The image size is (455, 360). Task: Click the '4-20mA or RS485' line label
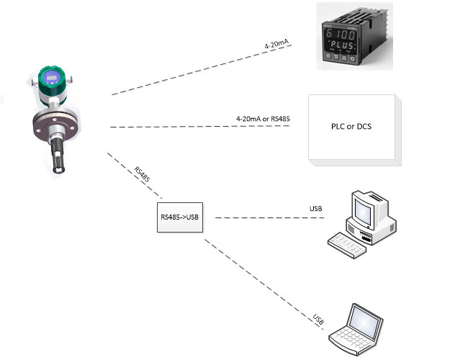[263, 117]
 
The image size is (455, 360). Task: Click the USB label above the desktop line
[315, 209]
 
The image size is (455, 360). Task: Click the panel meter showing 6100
[346, 35]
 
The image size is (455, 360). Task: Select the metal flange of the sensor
[57, 122]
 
